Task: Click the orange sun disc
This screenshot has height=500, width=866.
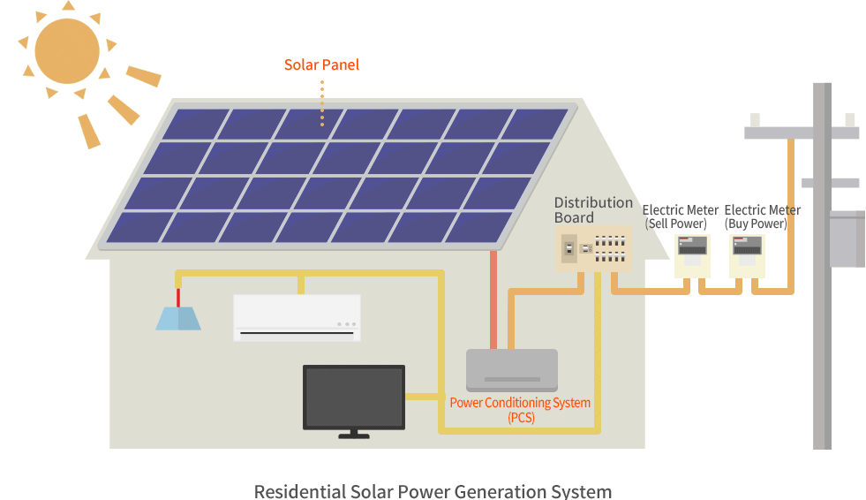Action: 67,51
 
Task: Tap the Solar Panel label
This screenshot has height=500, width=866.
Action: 321,65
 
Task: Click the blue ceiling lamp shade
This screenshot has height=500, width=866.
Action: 178,318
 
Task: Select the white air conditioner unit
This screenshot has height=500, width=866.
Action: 297,317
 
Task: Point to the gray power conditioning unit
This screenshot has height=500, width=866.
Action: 512,369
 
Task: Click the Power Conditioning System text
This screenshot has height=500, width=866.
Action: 520,403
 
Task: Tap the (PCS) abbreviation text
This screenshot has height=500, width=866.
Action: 521,418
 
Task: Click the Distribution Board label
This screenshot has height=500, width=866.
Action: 593,210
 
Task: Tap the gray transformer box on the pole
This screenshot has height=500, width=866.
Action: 846,239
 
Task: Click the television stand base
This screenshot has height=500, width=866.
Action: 354,435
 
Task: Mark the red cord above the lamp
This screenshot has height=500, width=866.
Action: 177,297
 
